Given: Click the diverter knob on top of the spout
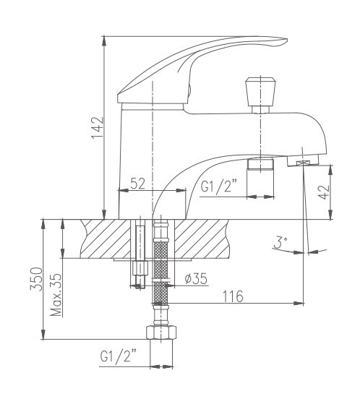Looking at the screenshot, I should point(259,92).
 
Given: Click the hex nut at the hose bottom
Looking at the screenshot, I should point(161,335).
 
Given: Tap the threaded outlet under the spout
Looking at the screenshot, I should point(261,164).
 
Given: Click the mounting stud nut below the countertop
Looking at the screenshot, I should point(139,271).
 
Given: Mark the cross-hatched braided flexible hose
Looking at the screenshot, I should point(161,275).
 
